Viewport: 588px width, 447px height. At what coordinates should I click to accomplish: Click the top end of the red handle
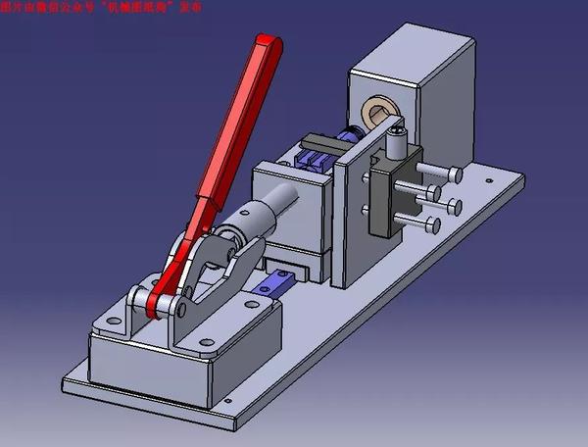pyautogui.click(x=268, y=44)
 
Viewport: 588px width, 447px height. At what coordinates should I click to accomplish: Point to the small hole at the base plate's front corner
pyautogui.click(x=227, y=401)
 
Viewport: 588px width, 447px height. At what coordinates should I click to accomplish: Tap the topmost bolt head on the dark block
pyautogui.click(x=455, y=174)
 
